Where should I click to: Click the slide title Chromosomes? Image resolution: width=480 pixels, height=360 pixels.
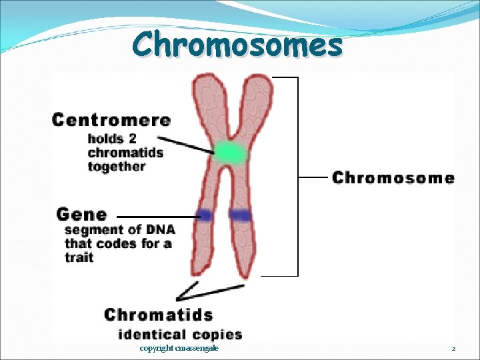point(237,45)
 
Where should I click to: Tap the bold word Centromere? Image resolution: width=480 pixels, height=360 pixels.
point(111,121)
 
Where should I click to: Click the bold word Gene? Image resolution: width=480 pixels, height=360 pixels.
point(81,215)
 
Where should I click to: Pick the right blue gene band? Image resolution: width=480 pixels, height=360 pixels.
point(240,215)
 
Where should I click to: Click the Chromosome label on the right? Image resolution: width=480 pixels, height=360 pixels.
point(393,178)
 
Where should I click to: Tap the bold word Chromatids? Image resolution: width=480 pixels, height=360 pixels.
point(159,315)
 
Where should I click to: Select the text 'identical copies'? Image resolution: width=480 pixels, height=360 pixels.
point(180,334)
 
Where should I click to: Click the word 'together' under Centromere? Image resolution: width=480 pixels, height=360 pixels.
point(116,167)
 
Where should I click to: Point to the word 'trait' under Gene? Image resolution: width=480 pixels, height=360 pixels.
point(79,257)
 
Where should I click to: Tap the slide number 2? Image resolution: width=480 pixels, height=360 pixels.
point(453,349)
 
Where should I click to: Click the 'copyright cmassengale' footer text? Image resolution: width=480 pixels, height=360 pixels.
point(179,349)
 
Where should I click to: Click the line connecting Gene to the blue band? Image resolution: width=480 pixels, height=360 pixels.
point(157,216)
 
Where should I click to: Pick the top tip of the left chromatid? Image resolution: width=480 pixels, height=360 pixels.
point(203,79)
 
